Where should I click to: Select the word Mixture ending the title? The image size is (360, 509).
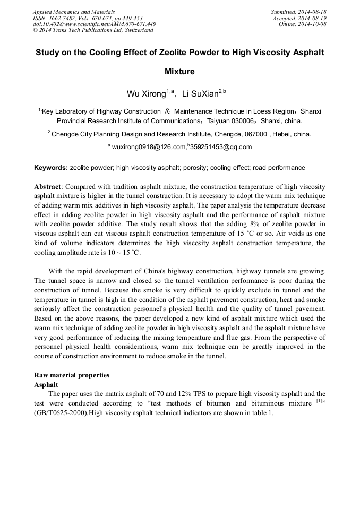[x=179, y=71]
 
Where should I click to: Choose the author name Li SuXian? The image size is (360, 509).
[x=201, y=94]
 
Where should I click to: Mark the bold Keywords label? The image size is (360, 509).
[x=51, y=168]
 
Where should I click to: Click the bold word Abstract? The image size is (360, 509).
[x=48, y=187]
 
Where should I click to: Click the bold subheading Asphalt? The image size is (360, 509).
[x=46, y=384]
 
